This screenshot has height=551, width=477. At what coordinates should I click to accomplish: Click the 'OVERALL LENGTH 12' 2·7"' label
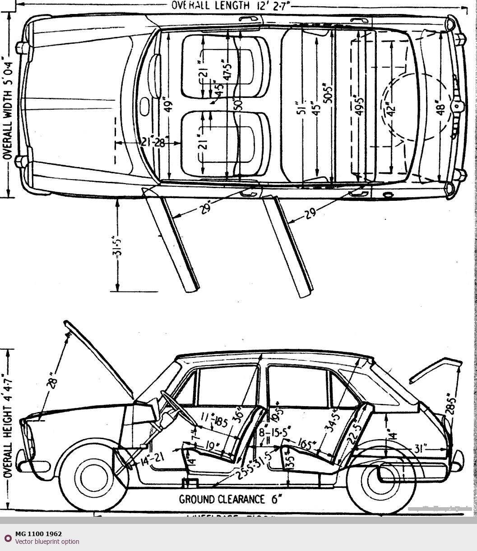tap(230, 5)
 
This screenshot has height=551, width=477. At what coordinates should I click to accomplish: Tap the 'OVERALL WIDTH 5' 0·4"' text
tap(8, 108)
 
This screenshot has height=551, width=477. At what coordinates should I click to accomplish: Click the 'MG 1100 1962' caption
tap(38, 534)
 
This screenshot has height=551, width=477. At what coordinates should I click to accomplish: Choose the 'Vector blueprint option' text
tap(47, 542)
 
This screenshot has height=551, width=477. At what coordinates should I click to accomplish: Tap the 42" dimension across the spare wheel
tap(391, 108)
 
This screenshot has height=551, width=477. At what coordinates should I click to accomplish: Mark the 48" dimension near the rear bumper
tap(441, 109)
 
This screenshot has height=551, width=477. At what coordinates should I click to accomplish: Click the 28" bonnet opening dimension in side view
tap(53, 380)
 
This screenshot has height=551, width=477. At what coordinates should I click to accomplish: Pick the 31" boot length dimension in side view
tap(421, 449)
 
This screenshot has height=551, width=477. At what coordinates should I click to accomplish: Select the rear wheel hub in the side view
tap(380, 479)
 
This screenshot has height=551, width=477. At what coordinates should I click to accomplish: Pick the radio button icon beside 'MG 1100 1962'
tap(8, 538)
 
